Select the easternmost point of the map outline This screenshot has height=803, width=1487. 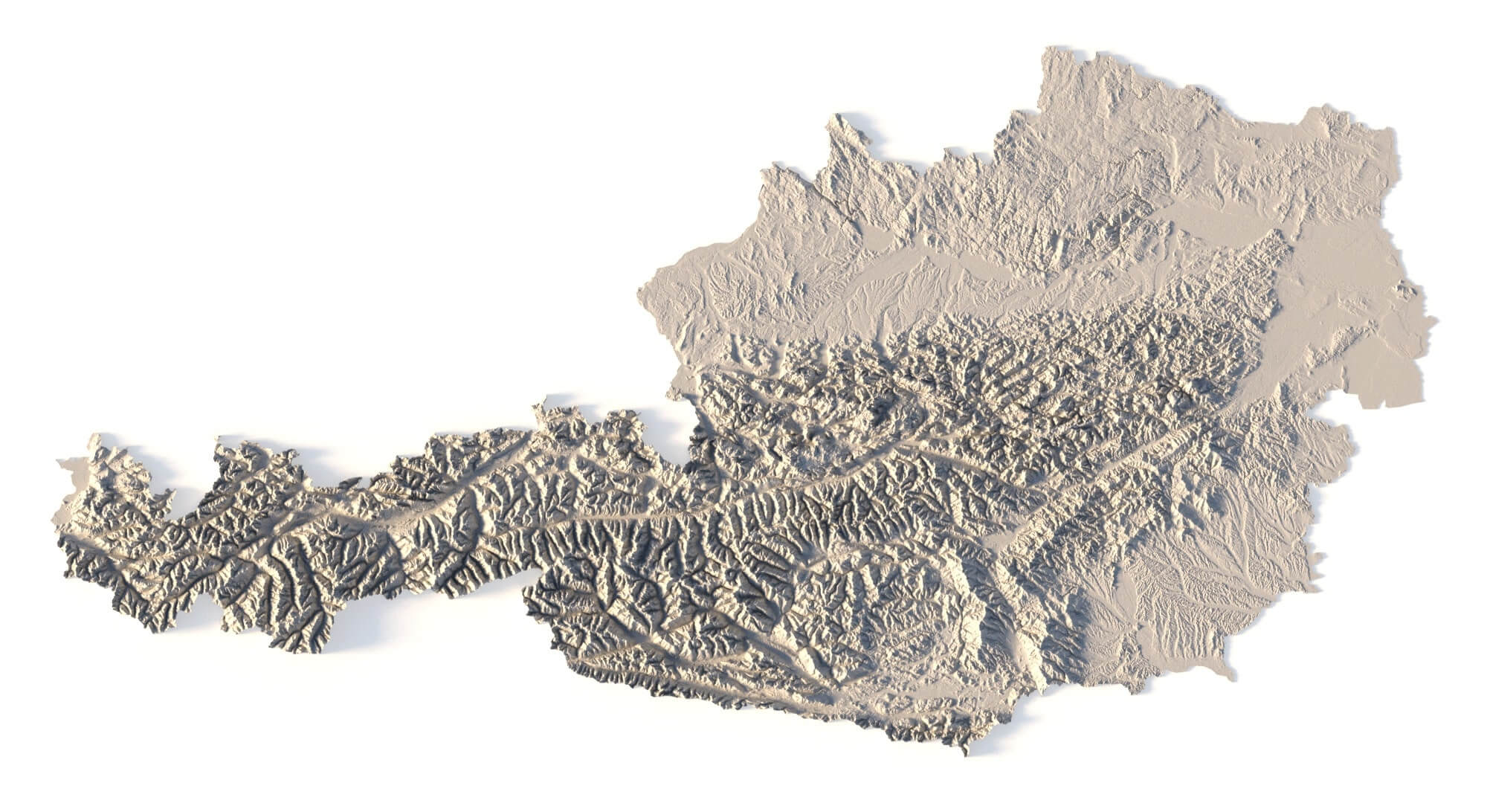click(x=1435, y=320)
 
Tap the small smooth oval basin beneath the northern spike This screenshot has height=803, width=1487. click(x=877, y=238)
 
